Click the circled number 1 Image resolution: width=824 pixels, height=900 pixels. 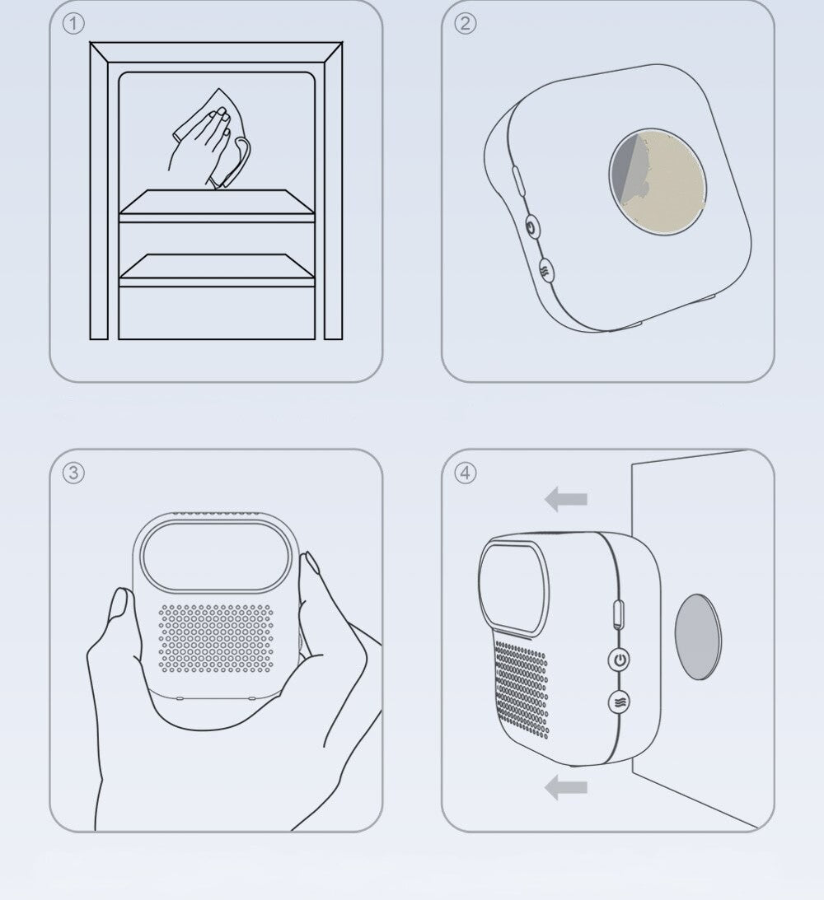tap(73, 24)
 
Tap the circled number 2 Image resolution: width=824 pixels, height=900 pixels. tap(465, 24)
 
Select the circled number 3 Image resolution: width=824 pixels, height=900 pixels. tap(73, 473)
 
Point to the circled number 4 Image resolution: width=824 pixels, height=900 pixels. tap(465, 473)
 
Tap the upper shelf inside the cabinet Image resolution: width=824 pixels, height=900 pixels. tap(217, 205)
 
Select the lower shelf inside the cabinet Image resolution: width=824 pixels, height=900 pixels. tap(217, 270)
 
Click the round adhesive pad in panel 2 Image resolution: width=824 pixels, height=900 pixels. tap(658, 181)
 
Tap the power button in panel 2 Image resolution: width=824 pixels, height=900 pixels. tap(532, 228)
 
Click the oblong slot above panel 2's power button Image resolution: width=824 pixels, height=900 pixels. tap(517, 181)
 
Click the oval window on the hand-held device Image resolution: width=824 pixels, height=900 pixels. tap(215, 556)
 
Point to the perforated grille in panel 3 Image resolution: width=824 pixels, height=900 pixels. tap(216, 637)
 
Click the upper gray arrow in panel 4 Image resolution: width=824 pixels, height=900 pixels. tap(565, 499)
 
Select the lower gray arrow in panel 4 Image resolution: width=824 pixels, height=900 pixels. tap(565, 787)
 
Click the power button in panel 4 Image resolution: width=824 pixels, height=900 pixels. tap(619, 660)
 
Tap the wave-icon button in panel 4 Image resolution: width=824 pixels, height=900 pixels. tap(619, 702)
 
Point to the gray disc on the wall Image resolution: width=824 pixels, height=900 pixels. tap(698, 637)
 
